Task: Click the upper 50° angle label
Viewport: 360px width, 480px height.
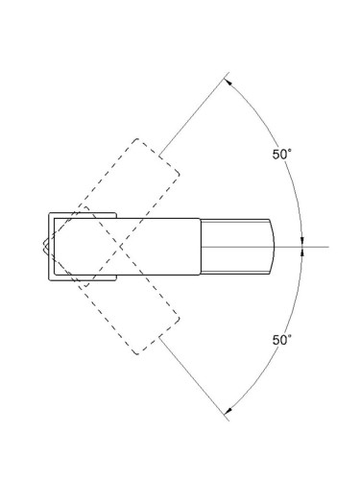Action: point(282,155)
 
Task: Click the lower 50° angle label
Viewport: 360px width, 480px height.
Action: point(282,340)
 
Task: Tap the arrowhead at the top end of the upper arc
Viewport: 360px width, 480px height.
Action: point(228,82)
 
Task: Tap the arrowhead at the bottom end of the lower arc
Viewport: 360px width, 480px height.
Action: point(228,411)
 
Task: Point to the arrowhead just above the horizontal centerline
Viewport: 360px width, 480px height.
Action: point(302,242)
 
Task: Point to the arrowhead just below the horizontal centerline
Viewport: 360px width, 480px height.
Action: point(302,252)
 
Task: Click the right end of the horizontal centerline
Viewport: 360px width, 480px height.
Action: point(328,247)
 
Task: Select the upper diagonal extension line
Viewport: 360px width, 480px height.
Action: point(194,114)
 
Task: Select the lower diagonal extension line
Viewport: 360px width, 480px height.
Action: point(194,379)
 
